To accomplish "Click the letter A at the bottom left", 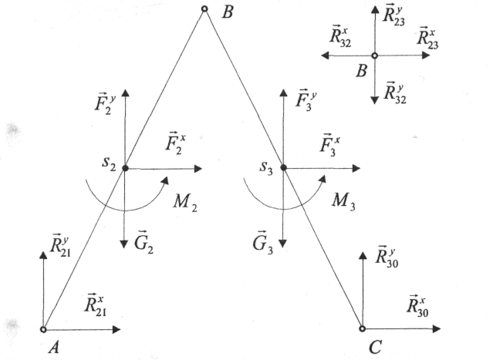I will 55,348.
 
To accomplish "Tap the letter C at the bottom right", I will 375,348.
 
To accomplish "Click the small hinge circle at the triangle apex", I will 204,9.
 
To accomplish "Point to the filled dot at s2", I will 124,167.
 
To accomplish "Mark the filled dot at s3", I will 284,167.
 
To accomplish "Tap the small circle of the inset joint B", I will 374,56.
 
